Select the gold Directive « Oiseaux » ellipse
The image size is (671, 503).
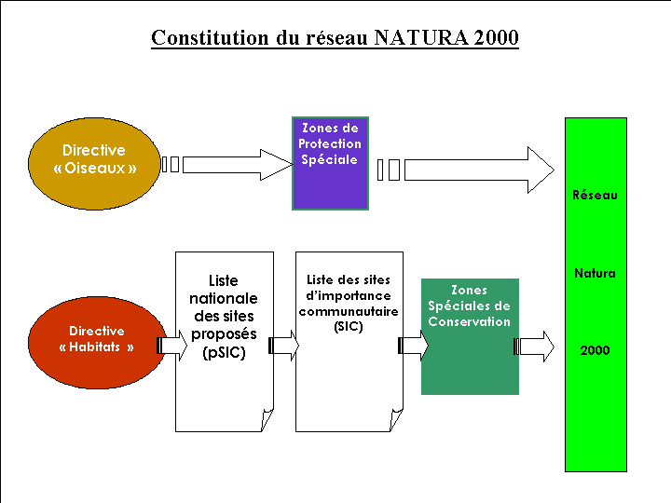(x=93, y=160)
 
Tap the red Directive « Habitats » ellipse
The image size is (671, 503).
(x=96, y=339)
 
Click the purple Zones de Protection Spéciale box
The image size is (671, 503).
(x=330, y=163)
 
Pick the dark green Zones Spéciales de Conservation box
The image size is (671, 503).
(x=469, y=335)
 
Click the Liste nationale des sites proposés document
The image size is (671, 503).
(x=224, y=340)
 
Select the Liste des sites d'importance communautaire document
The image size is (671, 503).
(x=349, y=340)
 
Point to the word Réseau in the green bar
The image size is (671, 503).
(x=595, y=196)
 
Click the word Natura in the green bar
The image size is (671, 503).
(x=595, y=274)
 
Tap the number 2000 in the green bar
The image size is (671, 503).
(x=595, y=351)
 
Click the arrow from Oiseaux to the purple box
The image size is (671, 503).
(x=228, y=164)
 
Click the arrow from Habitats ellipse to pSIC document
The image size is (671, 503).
(x=173, y=347)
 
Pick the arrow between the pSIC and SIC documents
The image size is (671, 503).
(x=284, y=347)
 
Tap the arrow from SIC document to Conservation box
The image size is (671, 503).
(x=413, y=347)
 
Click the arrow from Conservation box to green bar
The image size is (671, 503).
(x=534, y=347)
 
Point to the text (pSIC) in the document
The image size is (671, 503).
(x=224, y=353)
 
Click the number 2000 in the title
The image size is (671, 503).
(x=496, y=38)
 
